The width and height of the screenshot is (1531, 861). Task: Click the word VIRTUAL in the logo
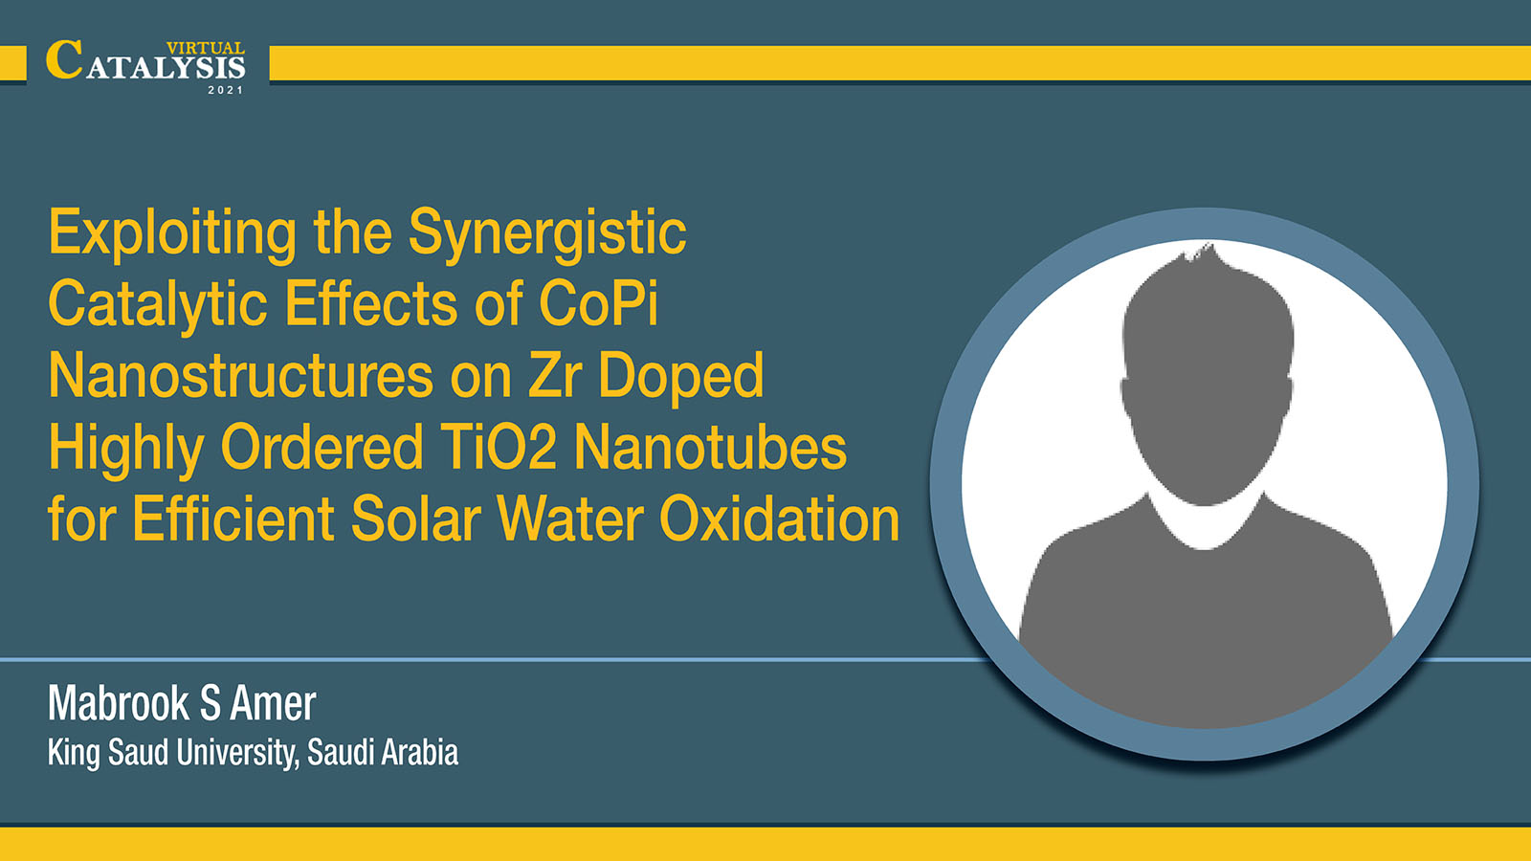coord(205,48)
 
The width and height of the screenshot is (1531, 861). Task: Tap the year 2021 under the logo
coord(226,90)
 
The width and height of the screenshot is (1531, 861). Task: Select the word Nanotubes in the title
coord(710,447)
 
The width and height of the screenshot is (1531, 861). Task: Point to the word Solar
coord(415,519)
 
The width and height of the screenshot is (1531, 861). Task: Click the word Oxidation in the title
coord(779,519)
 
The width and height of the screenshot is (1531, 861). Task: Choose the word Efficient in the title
coord(233,519)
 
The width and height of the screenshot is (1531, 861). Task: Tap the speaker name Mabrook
coord(119,703)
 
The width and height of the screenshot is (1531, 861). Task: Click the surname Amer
coord(273,703)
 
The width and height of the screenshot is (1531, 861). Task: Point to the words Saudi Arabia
coord(382,752)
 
